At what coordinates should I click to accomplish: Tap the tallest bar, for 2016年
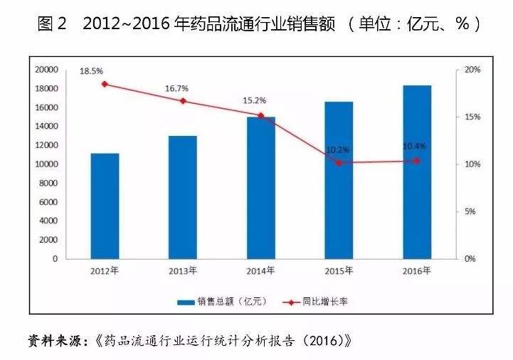tap(417, 171)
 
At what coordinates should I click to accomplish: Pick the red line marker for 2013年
tap(183, 101)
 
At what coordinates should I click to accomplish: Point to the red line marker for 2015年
tap(339, 163)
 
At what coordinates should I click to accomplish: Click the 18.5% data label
tap(91, 71)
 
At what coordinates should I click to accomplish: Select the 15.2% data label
tap(254, 101)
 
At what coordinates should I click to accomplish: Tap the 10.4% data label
tap(415, 147)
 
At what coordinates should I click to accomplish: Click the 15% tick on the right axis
tap(472, 117)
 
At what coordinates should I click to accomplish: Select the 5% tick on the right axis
tap(470, 212)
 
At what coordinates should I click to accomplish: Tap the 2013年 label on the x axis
tap(183, 271)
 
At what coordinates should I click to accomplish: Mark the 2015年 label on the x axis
tap(339, 271)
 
